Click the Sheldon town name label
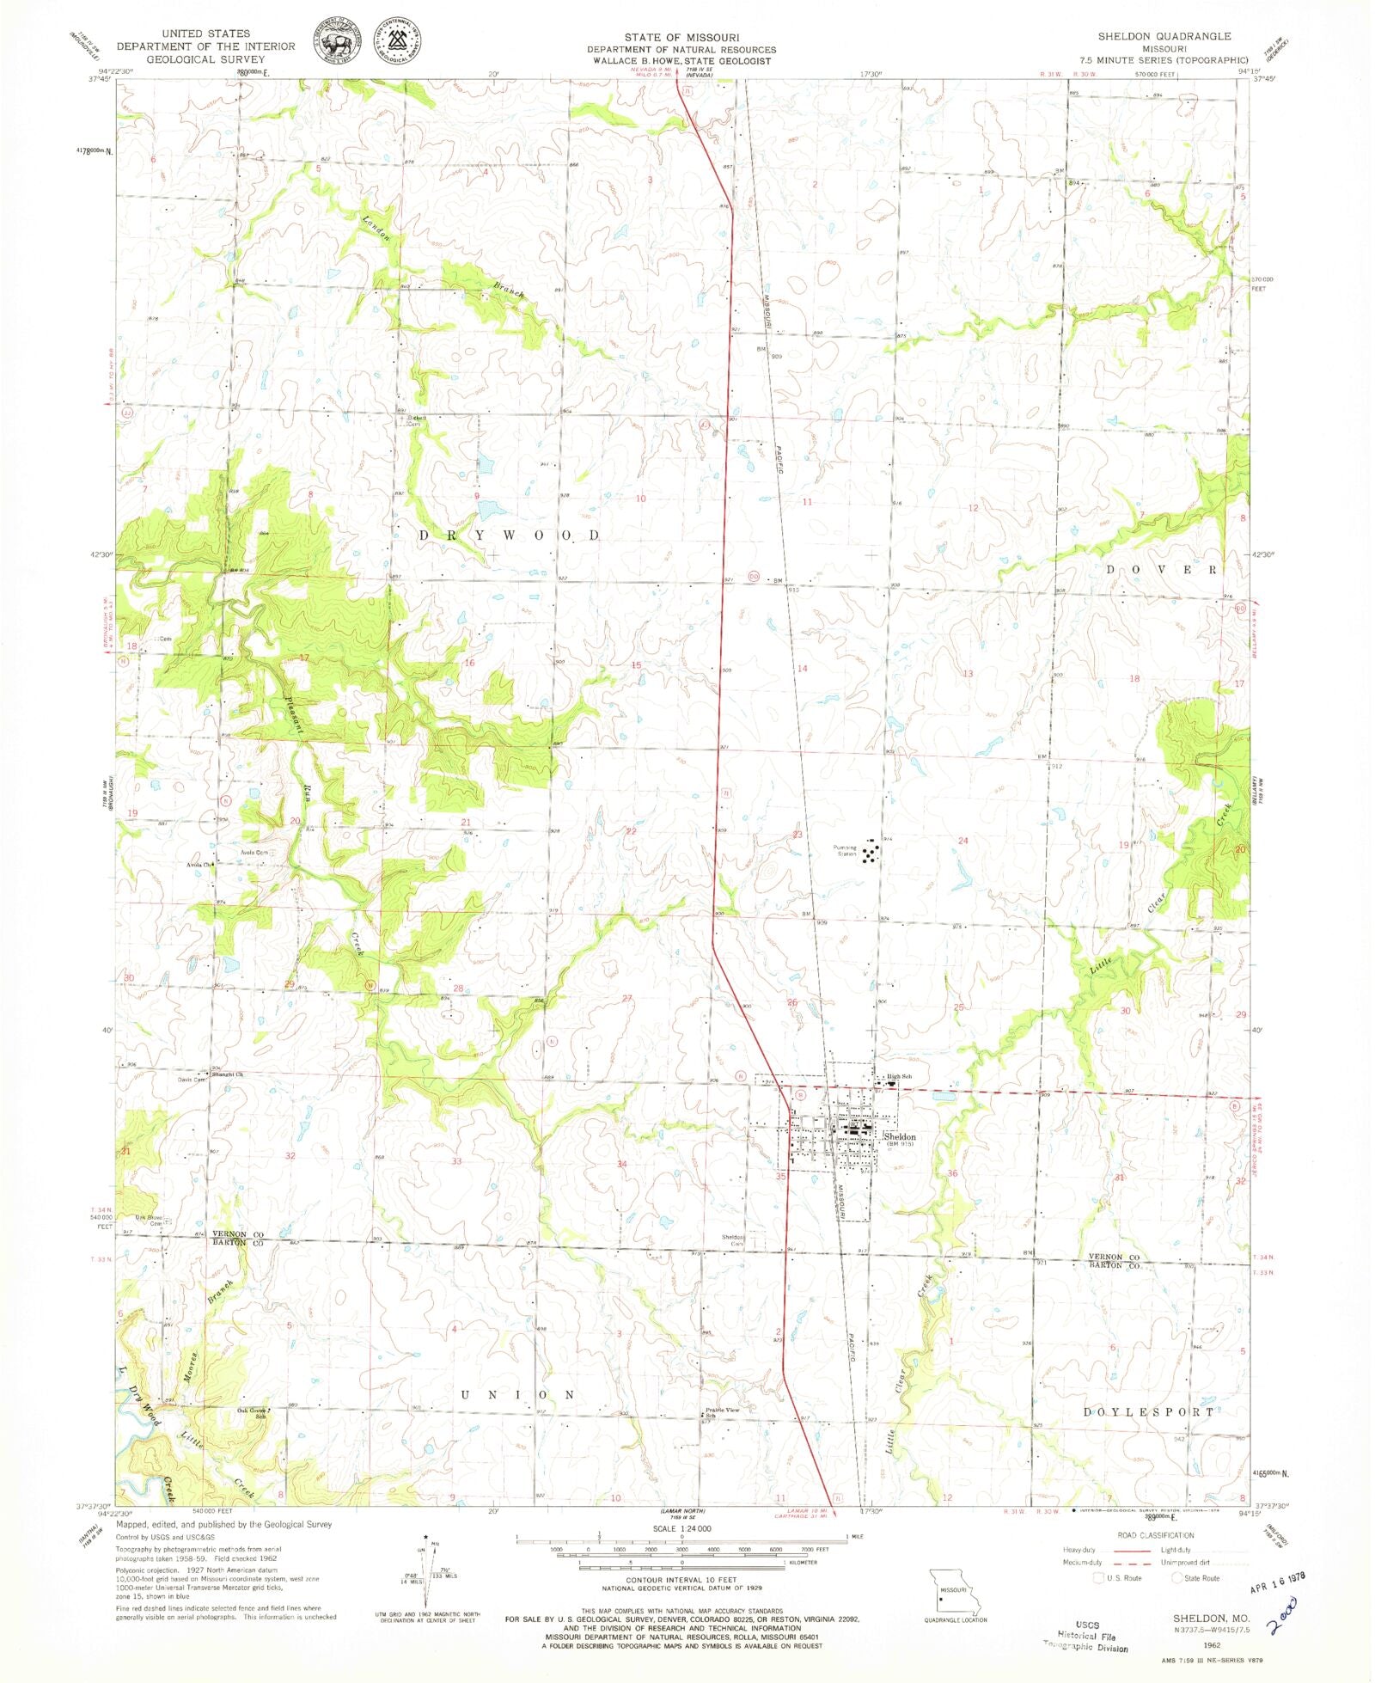click(900, 1136)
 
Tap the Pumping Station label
click(846, 851)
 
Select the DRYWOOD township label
click(510, 535)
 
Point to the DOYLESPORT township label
click(1149, 1411)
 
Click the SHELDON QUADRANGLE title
click(1164, 36)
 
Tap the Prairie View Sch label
click(721, 1411)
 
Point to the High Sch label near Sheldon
click(899, 1076)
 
